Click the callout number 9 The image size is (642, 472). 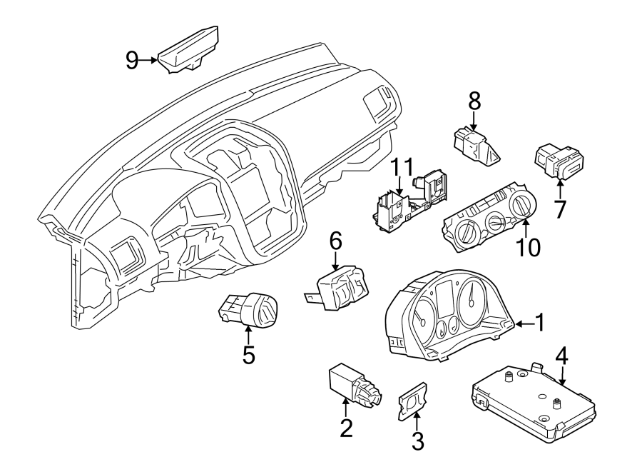[x=131, y=61]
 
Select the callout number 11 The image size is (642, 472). [x=401, y=169]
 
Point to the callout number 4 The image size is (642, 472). [x=562, y=355]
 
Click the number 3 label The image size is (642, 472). [x=417, y=441]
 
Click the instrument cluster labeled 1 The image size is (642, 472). [x=447, y=316]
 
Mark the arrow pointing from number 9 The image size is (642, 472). [x=151, y=61]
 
